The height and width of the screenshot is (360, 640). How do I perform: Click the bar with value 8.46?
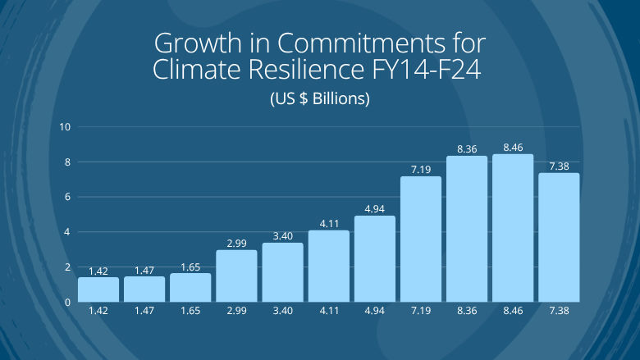coord(513,228)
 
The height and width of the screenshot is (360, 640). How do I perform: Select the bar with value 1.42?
coord(98,289)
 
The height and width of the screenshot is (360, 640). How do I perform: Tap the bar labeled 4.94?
coord(375,259)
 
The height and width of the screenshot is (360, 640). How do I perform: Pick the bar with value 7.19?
coord(421,239)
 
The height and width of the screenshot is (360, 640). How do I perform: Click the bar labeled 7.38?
coord(559,238)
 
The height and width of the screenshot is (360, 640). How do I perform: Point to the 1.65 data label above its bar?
coord(190,267)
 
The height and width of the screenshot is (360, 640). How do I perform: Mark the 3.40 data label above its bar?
coord(283,236)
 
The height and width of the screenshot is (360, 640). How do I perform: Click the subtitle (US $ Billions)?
coord(320,99)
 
